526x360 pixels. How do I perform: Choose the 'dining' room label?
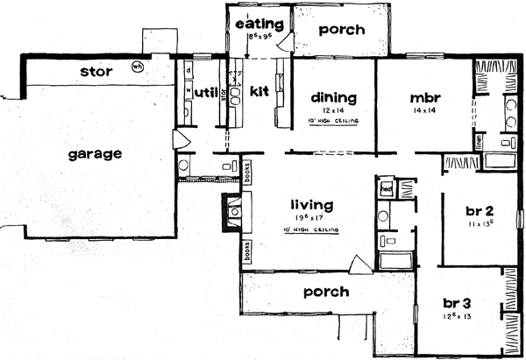[333, 97]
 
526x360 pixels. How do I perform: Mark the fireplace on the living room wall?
[233, 210]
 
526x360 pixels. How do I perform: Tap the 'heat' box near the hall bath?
[386, 187]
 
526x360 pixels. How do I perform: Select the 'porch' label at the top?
[341, 29]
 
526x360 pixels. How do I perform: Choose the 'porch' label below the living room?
[325, 292]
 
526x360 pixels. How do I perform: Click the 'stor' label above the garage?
[95, 70]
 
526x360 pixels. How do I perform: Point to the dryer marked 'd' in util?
[188, 70]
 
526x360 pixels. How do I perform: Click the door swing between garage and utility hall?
[181, 140]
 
